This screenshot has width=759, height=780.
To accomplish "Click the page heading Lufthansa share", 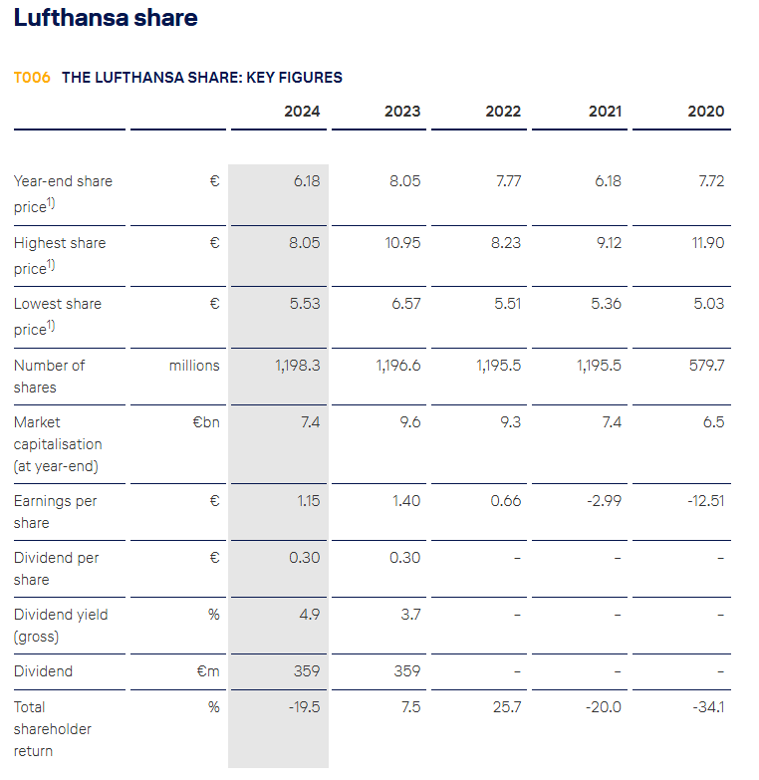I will point(106,18).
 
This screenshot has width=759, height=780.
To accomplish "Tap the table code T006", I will point(32,77).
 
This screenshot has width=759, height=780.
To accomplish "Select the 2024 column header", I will point(302,112).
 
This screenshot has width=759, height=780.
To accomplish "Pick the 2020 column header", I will point(705,112).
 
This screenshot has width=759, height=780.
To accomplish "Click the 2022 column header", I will point(503,112).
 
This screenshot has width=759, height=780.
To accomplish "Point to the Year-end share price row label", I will point(63,193).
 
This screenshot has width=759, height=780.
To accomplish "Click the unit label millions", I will point(194,366).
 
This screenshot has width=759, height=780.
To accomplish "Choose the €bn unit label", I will point(205,422).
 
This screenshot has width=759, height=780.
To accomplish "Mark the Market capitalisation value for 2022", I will point(509,422).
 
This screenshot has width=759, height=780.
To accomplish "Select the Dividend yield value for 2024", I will point(310,615).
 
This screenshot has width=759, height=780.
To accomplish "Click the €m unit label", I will point(207,671).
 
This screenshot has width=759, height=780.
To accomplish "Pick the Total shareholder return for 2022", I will point(507,707).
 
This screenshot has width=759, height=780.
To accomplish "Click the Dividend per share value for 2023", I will point(404,558).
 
